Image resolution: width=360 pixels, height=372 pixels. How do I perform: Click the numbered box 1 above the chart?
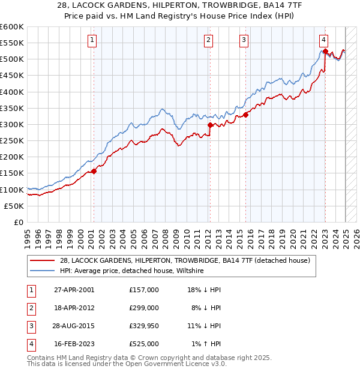[x=92, y=40]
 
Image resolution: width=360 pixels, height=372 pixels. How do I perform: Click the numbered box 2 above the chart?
[x=208, y=40]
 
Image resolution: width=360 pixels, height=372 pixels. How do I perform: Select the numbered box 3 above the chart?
[x=244, y=40]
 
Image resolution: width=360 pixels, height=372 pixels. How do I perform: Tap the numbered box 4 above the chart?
[x=323, y=40]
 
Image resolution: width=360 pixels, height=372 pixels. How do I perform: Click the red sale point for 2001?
[x=94, y=172]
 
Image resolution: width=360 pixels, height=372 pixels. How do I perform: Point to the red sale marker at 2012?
[x=211, y=125]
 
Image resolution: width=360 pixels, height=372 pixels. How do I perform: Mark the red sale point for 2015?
[x=246, y=115]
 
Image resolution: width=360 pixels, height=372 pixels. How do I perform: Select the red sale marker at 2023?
[x=325, y=52]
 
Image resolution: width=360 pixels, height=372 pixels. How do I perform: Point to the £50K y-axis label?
[x=14, y=206]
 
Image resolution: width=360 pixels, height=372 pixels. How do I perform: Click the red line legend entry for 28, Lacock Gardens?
[x=185, y=260]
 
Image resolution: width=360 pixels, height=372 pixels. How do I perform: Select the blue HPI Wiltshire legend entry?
[x=132, y=271]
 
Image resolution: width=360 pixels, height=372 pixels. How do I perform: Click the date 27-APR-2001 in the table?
[x=74, y=290]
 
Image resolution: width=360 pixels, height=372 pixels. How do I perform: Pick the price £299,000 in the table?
[x=144, y=308]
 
